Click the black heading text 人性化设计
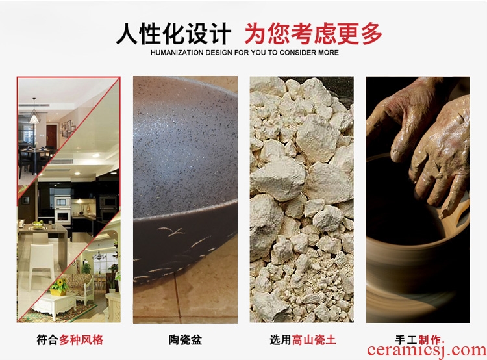click(173, 33)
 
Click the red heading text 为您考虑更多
click(313, 33)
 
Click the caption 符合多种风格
click(69, 339)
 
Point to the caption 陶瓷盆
click(186, 339)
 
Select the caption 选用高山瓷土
click(303, 339)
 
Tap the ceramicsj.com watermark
click(427, 350)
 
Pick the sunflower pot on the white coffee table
click(59, 287)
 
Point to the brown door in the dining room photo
click(51, 136)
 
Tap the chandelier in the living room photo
click(99, 254)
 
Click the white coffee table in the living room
click(55, 305)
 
